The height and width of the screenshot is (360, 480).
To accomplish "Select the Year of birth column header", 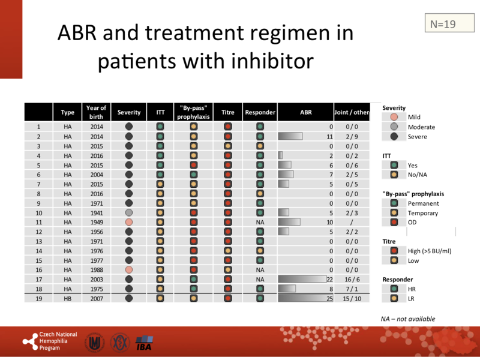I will (96, 112).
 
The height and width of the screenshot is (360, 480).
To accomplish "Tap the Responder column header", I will (260, 112).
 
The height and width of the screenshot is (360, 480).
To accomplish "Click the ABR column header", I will (305, 112).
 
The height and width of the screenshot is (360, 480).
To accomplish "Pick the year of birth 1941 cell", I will (96, 212).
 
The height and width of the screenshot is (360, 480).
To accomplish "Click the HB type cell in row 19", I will (68, 298).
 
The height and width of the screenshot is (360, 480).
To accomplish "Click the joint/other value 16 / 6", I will (352, 279).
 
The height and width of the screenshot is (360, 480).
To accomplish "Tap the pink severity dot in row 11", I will (129, 222).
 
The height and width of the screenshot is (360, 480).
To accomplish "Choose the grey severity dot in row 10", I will (129, 212).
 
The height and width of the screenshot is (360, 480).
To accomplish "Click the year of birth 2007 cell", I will (96, 298).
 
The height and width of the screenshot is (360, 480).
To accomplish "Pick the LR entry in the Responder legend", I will (412, 298).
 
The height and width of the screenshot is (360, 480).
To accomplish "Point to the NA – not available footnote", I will (408, 319).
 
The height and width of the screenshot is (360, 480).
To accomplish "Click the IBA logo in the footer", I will (145, 342).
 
